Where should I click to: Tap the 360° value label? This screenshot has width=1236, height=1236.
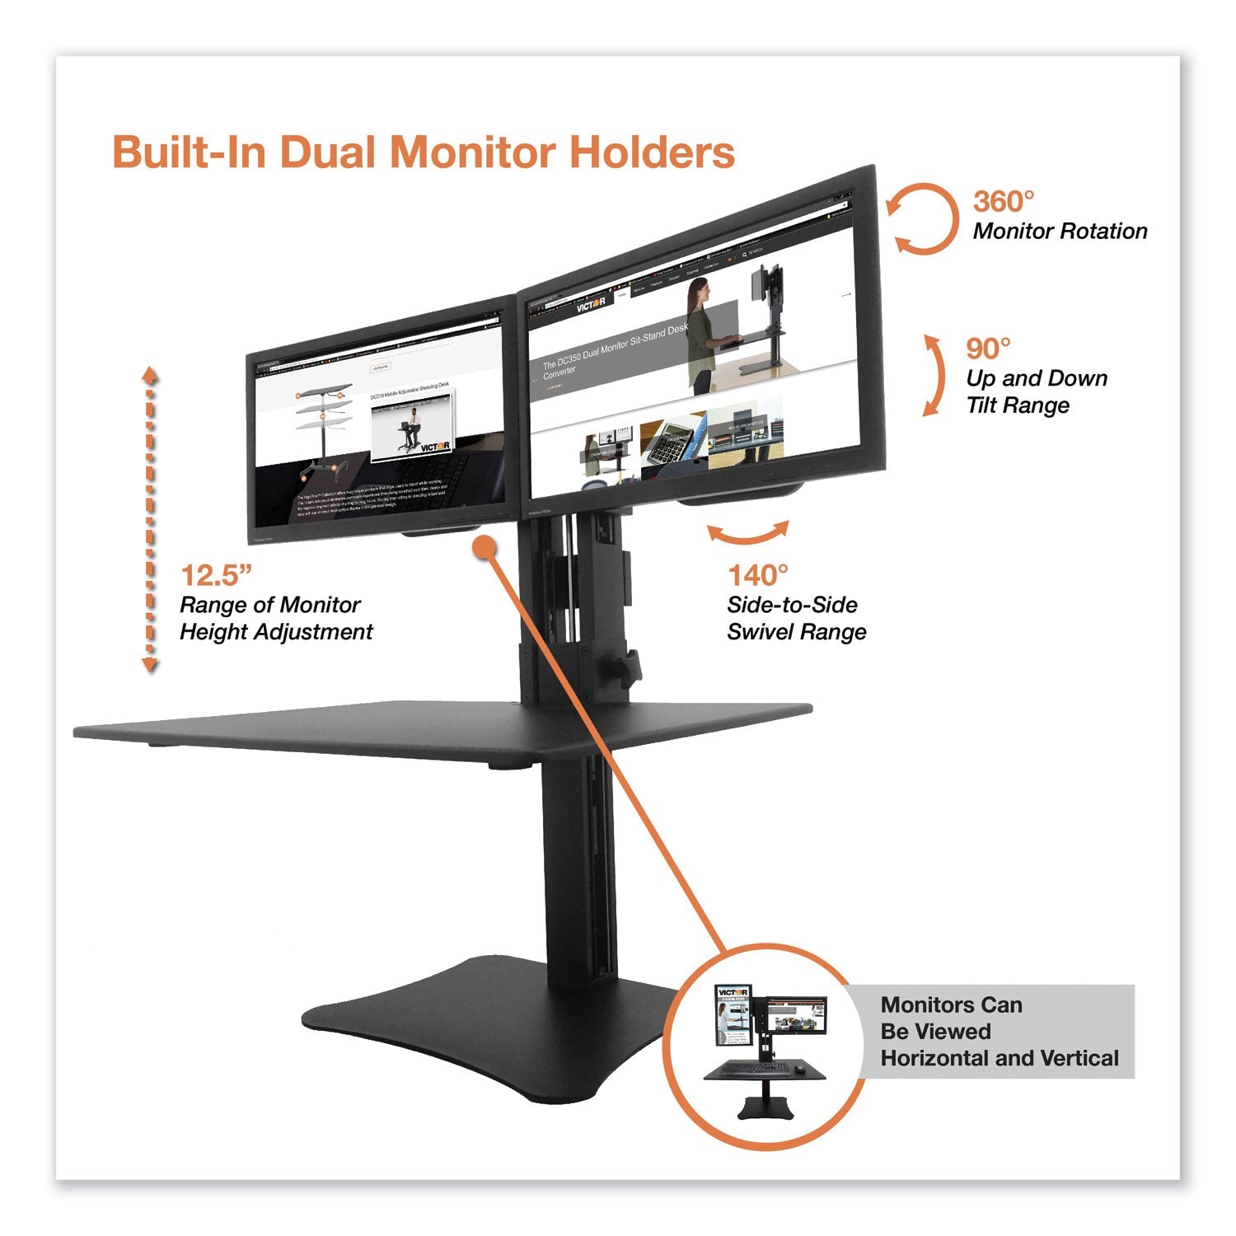(x=1003, y=202)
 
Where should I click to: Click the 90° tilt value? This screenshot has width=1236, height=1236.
(x=988, y=349)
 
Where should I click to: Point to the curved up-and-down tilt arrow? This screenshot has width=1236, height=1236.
(x=935, y=375)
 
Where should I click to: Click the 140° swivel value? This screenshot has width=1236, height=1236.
(x=757, y=574)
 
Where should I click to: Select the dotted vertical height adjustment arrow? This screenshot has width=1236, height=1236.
(x=150, y=519)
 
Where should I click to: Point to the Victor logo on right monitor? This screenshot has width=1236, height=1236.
(x=590, y=306)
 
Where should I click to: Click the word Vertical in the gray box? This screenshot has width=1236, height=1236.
(x=1076, y=1058)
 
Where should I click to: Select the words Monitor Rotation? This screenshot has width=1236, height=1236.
(x=1060, y=232)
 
